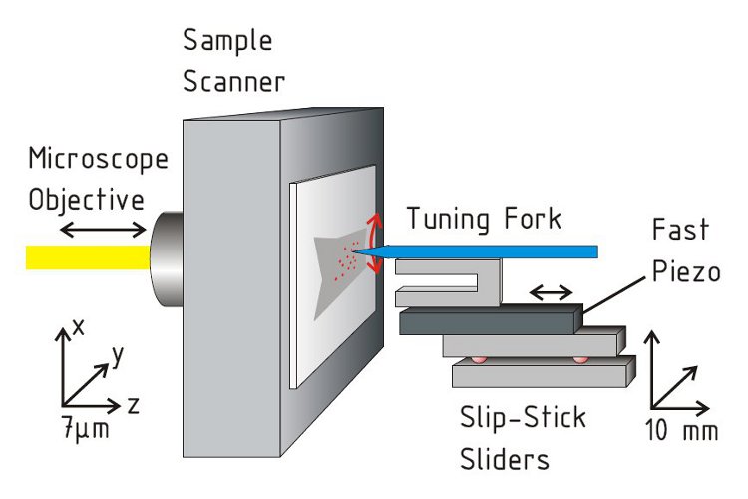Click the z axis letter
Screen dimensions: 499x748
tap(132, 404)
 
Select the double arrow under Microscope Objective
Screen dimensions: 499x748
tap(106, 231)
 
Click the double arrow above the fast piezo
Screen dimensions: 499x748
tap(551, 293)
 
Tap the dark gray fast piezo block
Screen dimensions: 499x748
tap(489, 322)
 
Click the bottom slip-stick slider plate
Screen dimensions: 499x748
tap(539, 375)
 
